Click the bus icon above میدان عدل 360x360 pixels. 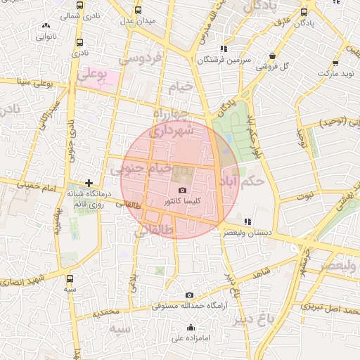click(138, 11)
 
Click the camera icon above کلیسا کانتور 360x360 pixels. click(183, 191)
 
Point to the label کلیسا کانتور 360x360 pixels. click(183, 201)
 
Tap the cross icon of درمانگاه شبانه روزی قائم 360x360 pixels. click(89, 183)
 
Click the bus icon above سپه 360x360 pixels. click(70, 278)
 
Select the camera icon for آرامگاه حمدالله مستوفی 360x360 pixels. click(189, 295)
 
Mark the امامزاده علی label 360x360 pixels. click(191, 337)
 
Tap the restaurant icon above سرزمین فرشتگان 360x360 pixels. click(224, 49)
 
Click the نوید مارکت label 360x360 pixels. click(338, 73)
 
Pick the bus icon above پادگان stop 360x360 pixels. click(304, 12)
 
